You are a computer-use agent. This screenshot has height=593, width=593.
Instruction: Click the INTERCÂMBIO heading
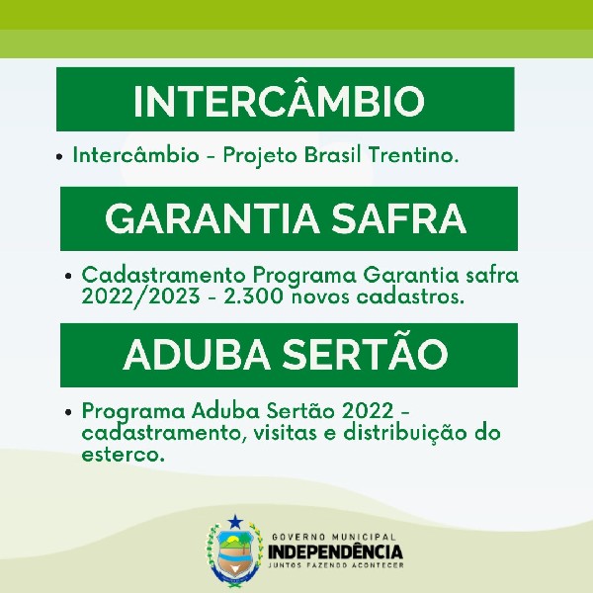coord(279,101)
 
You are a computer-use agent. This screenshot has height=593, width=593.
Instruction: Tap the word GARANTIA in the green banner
coord(212,218)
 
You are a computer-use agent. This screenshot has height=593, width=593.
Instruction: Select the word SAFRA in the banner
coord(398,218)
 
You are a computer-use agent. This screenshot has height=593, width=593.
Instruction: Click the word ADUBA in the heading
coord(197,355)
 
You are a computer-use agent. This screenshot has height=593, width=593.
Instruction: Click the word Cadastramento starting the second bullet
coord(164,275)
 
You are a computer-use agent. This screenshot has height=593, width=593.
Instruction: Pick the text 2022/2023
coord(140,296)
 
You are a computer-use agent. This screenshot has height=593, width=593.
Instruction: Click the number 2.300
coord(253,296)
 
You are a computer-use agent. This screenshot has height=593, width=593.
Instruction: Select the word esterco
coord(124,454)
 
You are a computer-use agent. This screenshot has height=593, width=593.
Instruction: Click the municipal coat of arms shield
coord(234,554)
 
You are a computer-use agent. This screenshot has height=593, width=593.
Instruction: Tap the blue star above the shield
coord(235,522)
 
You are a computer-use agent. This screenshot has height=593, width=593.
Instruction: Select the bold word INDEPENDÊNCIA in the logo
coord(335,551)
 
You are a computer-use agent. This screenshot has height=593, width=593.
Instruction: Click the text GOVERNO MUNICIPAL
coord(334,537)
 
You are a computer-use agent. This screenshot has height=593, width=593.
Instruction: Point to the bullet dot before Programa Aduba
coord(68,412)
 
